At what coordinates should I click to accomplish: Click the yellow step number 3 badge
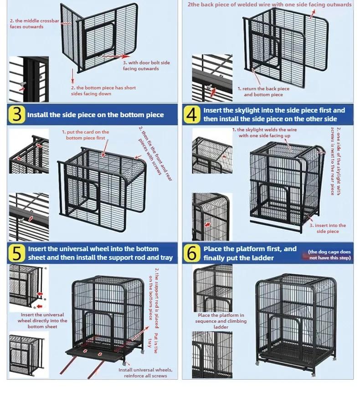17,115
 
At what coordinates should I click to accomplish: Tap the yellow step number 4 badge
192,115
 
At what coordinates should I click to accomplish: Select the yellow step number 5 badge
17,253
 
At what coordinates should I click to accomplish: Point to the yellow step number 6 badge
192,253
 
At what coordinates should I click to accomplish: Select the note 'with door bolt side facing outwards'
146,66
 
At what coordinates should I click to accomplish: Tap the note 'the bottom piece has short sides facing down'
103,91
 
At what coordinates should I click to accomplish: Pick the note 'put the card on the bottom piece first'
86,135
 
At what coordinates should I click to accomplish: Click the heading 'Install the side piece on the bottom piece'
95,115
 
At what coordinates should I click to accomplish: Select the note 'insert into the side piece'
327,228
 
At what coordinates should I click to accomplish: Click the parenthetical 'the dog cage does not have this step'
329,255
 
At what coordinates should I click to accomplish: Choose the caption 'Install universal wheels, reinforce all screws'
145,372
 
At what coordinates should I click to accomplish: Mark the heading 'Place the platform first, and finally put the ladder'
250,253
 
